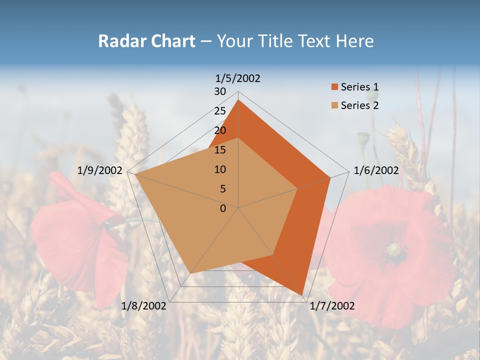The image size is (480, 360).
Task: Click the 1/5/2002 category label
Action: [238, 78]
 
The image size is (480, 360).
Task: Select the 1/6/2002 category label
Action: [376, 170]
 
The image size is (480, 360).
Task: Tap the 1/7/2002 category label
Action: [331, 306]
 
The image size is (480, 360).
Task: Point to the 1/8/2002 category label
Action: [144, 306]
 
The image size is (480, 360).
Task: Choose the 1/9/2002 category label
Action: [100, 170]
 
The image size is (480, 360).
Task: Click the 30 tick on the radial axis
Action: [220, 91]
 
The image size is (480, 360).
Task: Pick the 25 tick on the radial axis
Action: [220, 111]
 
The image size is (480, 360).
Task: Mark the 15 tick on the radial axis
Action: [220, 150]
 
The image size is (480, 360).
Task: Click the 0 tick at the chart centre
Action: [223, 208]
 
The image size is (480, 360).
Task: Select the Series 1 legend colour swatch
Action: [334, 87]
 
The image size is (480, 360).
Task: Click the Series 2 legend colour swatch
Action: [334, 105]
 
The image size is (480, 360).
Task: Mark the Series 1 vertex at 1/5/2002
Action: [238, 100]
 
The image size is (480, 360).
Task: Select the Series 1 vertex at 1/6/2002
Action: [330, 177]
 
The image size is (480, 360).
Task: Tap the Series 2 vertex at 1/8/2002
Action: [190, 273]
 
